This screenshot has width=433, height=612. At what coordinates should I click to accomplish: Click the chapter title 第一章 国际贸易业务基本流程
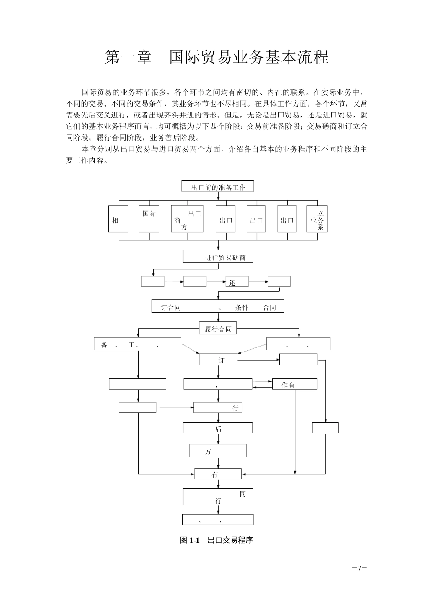pyautogui.click(x=216, y=57)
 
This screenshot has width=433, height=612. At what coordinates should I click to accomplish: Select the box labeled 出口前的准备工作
pyautogui.click(x=217, y=187)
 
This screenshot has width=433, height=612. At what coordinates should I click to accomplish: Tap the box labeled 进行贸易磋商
pyautogui.click(x=217, y=257)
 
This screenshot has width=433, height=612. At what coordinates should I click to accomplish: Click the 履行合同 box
pyautogui.click(x=218, y=328)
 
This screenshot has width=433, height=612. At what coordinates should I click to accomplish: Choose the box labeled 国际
pyautogui.click(x=149, y=219)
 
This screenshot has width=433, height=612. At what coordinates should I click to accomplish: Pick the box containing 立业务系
pyautogui.click(x=317, y=219)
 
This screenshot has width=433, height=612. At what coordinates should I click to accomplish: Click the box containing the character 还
pyautogui.click(x=237, y=282)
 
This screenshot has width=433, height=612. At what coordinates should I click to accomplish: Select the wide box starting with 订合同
pyautogui.click(x=217, y=306)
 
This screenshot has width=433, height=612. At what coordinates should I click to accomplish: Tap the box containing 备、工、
pyautogui.click(x=137, y=344)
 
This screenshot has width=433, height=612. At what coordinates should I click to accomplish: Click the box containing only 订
pyautogui.click(x=218, y=360)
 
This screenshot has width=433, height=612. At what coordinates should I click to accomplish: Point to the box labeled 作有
pyautogui.click(x=294, y=384)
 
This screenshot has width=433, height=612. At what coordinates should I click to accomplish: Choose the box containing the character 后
pyautogui.click(x=217, y=428)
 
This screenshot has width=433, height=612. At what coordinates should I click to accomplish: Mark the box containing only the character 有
pyautogui.click(x=217, y=474)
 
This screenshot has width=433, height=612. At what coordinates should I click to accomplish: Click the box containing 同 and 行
pyautogui.click(x=217, y=497)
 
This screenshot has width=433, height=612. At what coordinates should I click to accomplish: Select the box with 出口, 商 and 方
pyautogui.click(x=187, y=219)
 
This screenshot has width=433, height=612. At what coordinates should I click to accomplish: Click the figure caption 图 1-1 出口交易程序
pyautogui.click(x=216, y=541)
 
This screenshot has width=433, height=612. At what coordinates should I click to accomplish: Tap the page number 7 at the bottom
pyautogui.click(x=359, y=568)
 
